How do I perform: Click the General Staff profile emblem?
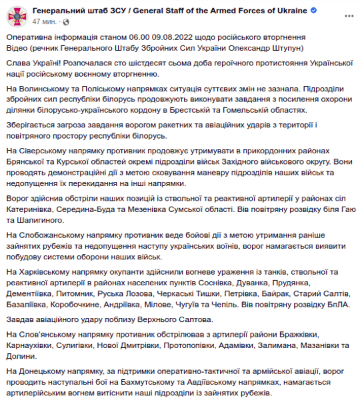point(17,16)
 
